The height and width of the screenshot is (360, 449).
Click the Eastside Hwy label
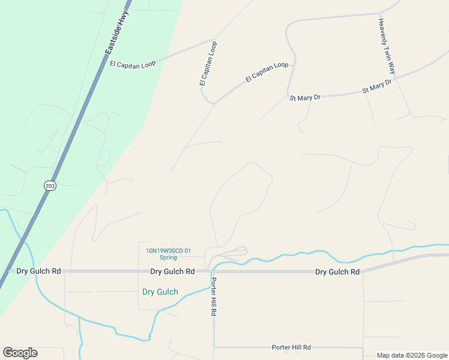tap(116, 35)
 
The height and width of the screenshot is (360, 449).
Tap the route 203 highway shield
tap(50, 186)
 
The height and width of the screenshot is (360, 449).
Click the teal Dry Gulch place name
tap(160, 292)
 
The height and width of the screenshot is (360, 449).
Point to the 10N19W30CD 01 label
tap(168, 251)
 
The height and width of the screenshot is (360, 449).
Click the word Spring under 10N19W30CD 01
tap(168, 258)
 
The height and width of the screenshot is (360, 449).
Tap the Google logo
tap(20, 353)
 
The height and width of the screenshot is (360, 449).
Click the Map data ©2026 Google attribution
tap(411, 355)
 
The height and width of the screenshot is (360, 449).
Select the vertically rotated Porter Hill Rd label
tap(213, 297)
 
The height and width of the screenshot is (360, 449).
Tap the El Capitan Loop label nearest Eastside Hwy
tap(133, 64)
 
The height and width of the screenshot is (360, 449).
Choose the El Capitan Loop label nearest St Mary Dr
tap(267, 73)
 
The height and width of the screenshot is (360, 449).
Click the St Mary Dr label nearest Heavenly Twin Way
tap(377, 85)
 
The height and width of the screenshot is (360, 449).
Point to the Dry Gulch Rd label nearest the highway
tap(38, 271)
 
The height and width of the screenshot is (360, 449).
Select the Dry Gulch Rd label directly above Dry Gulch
tap(172, 272)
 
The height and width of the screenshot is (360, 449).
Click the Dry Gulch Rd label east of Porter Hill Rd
tap(337, 272)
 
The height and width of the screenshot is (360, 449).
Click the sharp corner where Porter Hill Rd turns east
tap(214, 347)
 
